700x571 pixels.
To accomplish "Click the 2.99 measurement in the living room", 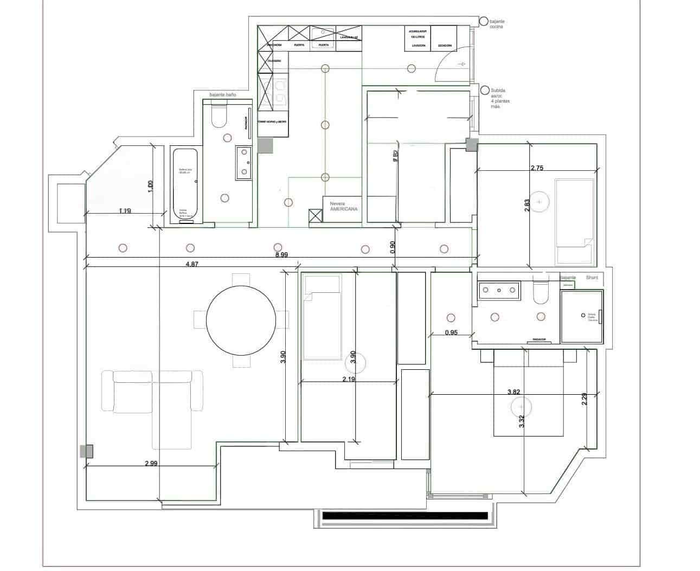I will (151, 463).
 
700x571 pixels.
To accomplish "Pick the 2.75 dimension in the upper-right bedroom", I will (536, 168).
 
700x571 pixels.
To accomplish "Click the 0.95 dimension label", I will (451, 332).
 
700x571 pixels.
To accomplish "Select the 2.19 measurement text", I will (349, 379).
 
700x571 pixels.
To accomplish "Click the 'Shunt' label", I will (592, 278).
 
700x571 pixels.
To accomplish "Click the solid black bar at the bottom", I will (404, 516).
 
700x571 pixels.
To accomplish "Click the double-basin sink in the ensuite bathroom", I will (498, 291).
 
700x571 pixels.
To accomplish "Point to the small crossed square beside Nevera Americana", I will (314, 216).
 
